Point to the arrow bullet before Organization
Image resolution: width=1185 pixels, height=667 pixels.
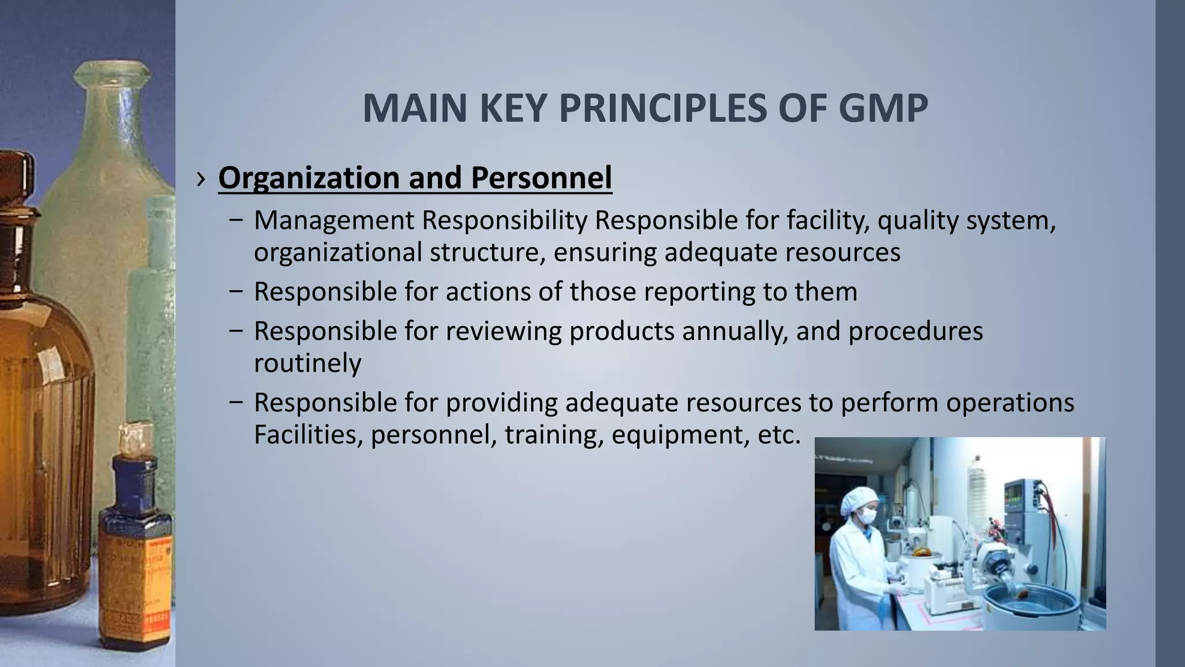(200, 179)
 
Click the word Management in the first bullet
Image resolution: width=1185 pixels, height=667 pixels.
(334, 221)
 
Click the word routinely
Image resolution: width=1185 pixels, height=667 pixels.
(307, 363)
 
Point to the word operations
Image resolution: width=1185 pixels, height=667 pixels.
(1010, 402)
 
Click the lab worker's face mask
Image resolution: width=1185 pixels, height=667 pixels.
(866, 515)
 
